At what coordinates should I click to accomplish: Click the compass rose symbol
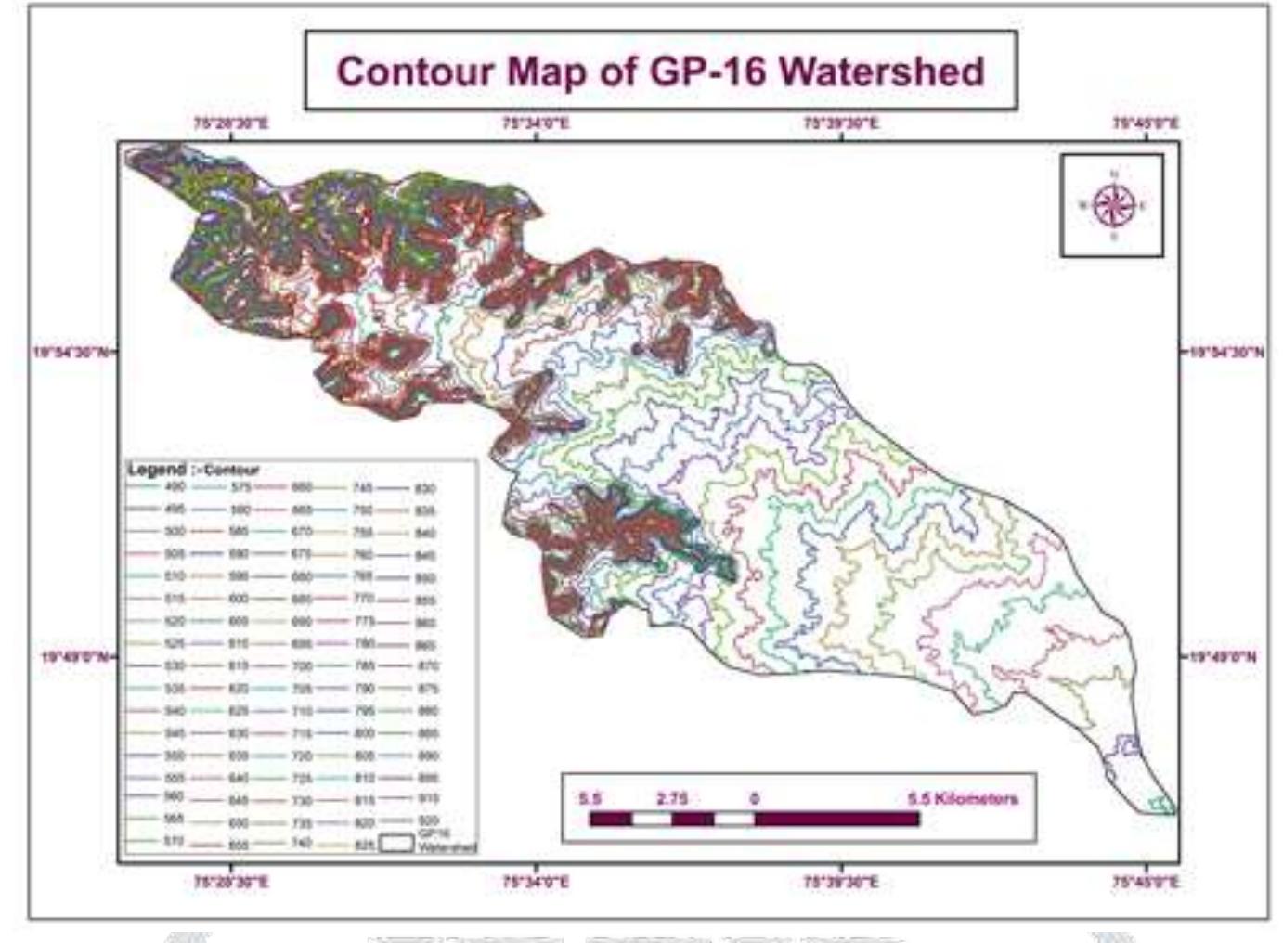point(1112,205)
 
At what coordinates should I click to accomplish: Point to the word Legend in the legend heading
point(156,470)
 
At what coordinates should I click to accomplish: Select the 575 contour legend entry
point(240,486)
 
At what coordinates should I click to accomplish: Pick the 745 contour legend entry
point(362,487)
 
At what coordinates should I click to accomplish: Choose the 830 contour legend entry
point(424,488)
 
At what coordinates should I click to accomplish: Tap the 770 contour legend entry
point(362,599)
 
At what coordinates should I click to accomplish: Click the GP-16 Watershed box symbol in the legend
point(397,843)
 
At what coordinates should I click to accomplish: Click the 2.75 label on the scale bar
point(672,798)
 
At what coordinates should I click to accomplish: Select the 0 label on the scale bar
point(754,798)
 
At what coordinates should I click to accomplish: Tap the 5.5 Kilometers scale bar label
point(962,798)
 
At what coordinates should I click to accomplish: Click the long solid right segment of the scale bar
point(836,819)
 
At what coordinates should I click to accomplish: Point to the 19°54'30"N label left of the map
point(71,353)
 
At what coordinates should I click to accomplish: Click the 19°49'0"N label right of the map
point(1224,657)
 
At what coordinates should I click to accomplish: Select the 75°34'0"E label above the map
point(536,123)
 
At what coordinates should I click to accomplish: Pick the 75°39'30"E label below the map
point(840,882)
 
